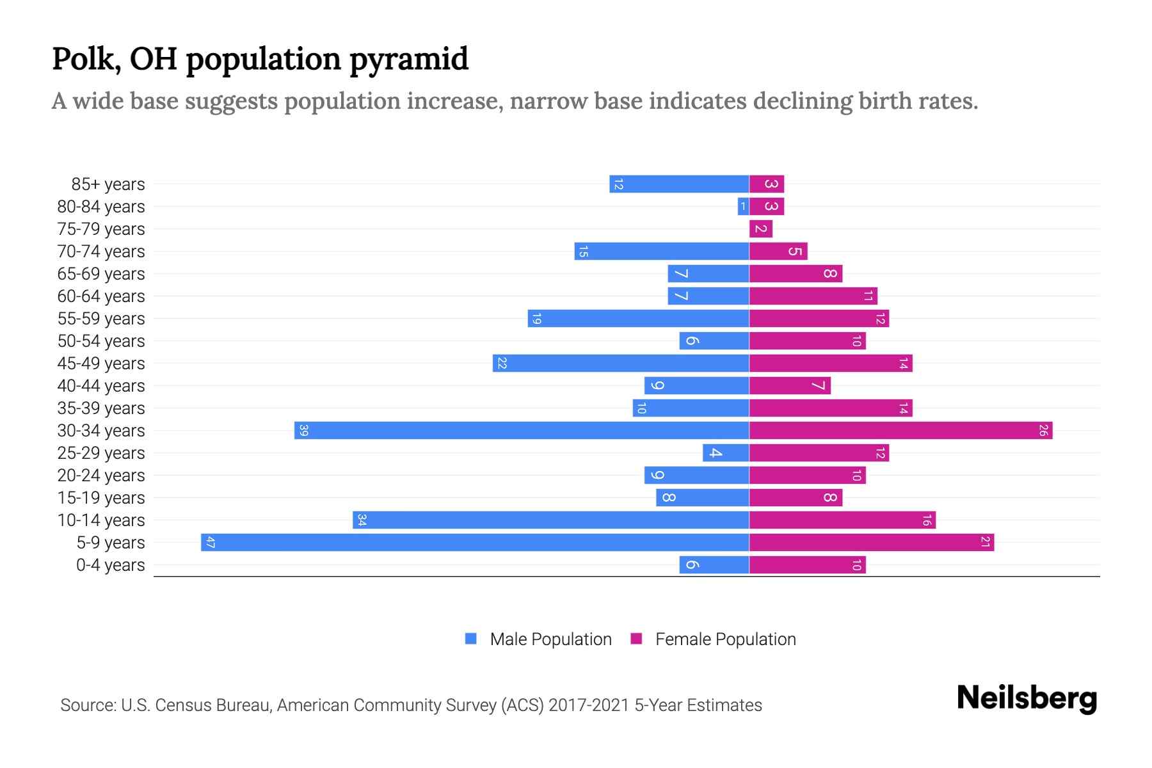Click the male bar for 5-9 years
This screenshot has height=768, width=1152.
pyautogui.click(x=475, y=542)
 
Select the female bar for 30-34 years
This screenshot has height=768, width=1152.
pyautogui.click(x=900, y=430)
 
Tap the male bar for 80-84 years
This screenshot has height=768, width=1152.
pyautogui.click(x=743, y=206)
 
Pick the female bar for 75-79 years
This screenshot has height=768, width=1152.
pyautogui.click(x=761, y=228)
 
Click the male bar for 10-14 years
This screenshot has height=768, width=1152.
pyautogui.click(x=550, y=520)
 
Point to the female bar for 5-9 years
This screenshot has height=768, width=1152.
pyautogui.click(x=871, y=542)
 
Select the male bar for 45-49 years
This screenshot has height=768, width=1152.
pyautogui.click(x=621, y=363)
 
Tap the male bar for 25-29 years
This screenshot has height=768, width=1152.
pyautogui.click(x=726, y=452)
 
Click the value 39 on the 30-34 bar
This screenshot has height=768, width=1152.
pyautogui.click(x=304, y=430)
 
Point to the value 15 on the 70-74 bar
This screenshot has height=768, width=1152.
pyautogui.click(x=583, y=252)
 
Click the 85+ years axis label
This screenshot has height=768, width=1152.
pyautogui.click(x=108, y=184)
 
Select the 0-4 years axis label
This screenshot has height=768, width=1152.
pyautogui.click(x=110, y=565)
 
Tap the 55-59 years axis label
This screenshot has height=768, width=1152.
pyautogui.click(x=101, y=319)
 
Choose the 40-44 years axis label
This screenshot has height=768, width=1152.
pyautogui.click(x=101, y=386)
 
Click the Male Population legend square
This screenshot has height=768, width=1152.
pyautogui.click(x=471, y=639)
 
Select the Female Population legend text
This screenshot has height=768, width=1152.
pyautogui.click(x=725, y=639)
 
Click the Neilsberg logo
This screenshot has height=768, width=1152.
pyautogui.click(x=1027, y=698)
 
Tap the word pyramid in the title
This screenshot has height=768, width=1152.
pyautogui.click(x=409, y=60)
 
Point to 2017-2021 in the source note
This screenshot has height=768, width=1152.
pyautogui.click(x=589, y=705)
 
